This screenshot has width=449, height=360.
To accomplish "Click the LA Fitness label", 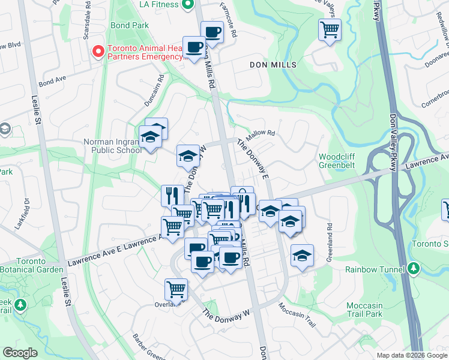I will point(158,5).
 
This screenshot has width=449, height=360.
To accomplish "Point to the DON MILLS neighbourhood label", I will point(273,64).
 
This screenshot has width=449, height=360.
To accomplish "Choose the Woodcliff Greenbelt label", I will point(340,161).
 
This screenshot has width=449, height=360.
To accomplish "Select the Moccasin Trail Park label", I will point(364,310).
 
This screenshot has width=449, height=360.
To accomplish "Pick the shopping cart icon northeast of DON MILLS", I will point(330,29).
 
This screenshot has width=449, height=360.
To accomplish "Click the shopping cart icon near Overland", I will point(176,289).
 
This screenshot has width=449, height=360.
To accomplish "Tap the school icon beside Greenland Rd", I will point(302,256).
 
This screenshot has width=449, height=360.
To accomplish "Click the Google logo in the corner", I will point(20,353).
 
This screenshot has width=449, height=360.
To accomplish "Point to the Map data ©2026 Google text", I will point(411,355).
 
